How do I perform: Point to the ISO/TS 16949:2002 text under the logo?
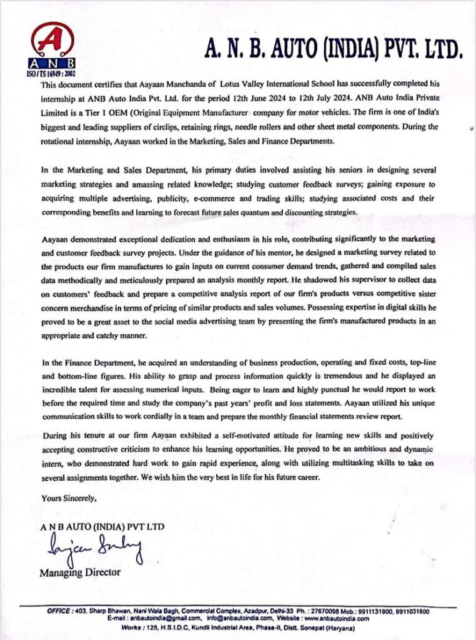click(53, 73)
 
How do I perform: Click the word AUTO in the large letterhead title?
click(274, 49)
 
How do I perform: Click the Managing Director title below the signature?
click(80, 572)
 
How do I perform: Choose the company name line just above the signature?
click(102, 527)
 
